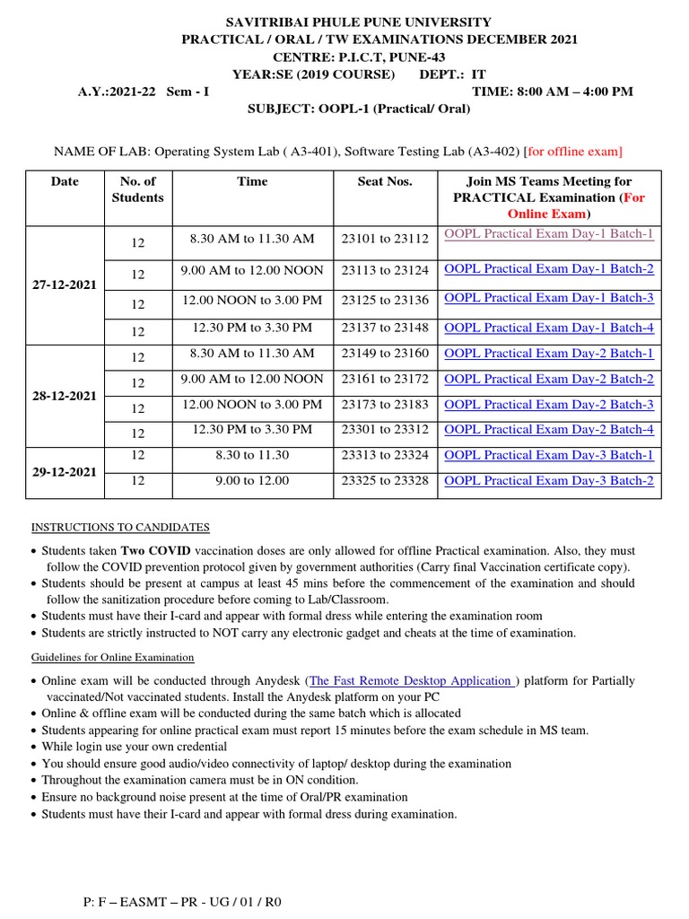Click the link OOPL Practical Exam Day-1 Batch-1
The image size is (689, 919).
point(549,234)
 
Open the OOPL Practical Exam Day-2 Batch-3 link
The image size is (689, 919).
point(549,405)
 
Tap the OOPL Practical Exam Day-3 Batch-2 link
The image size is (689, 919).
point(549,481)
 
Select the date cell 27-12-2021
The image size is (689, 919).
point(65,284)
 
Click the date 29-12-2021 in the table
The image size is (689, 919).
point(65,471)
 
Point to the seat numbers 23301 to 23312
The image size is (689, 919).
point(385,430)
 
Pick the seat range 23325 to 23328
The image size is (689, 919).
point(385,481)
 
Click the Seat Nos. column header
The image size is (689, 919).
point(385,181)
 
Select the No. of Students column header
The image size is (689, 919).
point(137,189)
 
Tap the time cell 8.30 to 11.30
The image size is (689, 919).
point(252,455)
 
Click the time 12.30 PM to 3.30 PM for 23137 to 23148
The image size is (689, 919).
point(252,328)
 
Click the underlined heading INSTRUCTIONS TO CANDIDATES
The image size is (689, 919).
point(120,527)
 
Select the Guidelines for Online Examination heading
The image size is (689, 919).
point(113,658)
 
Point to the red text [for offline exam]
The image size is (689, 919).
point(573,151)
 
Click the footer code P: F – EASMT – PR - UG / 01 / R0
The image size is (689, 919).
point(182,901)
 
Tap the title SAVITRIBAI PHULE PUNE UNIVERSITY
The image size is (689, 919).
point(344,22)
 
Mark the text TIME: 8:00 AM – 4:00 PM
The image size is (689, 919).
point(552,92)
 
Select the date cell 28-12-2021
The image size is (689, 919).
point(65,396)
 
